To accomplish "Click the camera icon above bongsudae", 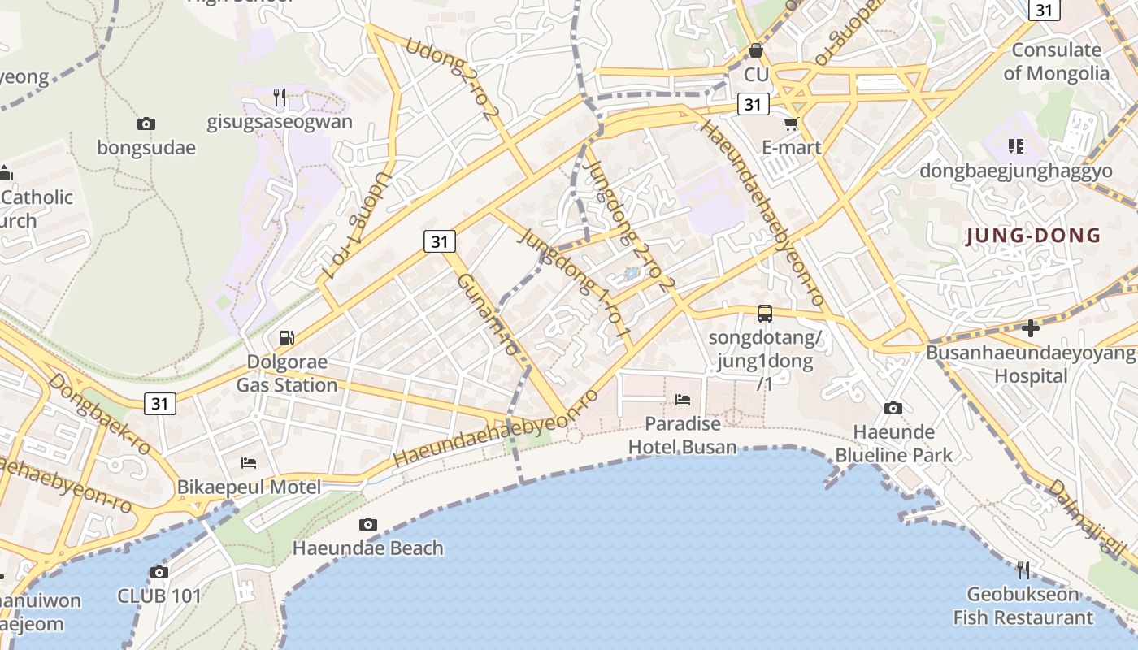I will (x=146, y=123).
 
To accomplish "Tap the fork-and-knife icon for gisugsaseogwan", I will (x=280, y=97).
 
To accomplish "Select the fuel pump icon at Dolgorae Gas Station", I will (x=286, y=337).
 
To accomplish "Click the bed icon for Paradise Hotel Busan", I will (x=683, y=399).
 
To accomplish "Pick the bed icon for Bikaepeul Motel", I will (x=250, y=463).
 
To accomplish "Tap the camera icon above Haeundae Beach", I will (x=368, y=524).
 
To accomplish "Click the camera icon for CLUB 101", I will (x=159, y=572).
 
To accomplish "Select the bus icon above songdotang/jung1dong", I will (x=764, y=313).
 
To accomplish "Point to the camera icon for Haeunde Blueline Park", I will (x=893, y=408).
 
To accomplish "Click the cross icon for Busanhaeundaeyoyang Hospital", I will (x=1031, y=328).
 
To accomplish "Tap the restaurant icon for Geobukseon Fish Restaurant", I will (x=1023, y=570).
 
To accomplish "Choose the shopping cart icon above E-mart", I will (x=792, y=123).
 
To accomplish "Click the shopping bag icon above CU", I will (x=756, y=50).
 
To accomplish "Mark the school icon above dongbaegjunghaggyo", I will (x=1015, y=146).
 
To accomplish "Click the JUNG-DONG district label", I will (x=1032, y=236).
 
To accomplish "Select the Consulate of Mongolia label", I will (x=1056, y=62).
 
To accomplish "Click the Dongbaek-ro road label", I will (x=100, y=414).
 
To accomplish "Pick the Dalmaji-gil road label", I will (x=1086, y=520).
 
